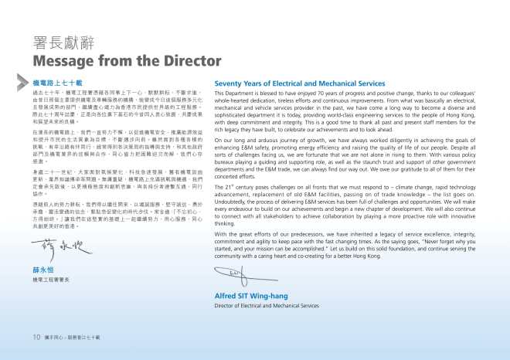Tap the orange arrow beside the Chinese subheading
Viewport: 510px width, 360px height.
26,81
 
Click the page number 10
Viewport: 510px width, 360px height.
36,337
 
